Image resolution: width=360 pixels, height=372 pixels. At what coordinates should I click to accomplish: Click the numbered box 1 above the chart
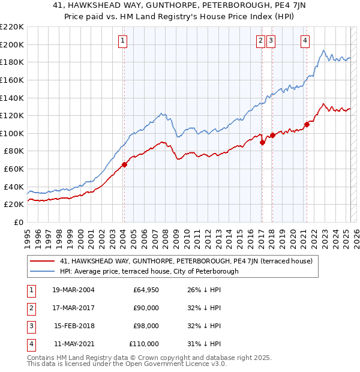[122, 41]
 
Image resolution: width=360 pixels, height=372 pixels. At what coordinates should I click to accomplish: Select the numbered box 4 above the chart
[305, 41]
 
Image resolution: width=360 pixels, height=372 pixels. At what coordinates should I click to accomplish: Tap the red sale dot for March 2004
[124, 164]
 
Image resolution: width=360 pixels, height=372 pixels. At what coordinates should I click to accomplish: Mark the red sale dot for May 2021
[307, 124]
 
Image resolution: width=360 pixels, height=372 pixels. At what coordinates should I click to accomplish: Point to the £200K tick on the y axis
[13, 44]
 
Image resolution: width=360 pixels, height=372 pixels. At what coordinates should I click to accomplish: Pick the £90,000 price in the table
[146, 308]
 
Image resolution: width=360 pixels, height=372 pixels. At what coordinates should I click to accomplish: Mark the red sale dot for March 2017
[262, 142]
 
